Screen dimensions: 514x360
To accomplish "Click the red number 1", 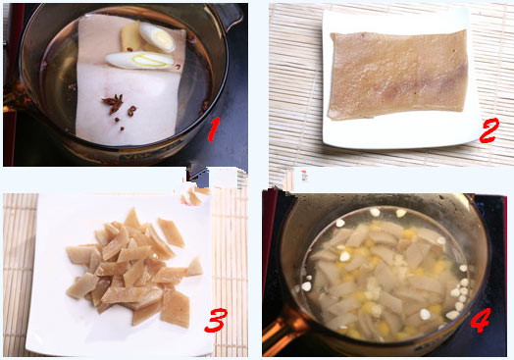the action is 214,129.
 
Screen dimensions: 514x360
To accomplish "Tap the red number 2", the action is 488,130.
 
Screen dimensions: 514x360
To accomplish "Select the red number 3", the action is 216,320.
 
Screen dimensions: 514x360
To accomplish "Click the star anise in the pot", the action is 113,103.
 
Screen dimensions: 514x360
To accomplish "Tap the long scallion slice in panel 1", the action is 140,60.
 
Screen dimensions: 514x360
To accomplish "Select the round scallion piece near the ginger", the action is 157,37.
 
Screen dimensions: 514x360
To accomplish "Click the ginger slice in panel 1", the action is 129,37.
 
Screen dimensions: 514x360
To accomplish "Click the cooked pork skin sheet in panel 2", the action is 398,75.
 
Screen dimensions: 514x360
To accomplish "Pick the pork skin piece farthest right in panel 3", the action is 195,267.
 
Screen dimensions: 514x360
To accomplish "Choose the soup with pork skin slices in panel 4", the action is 385,276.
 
